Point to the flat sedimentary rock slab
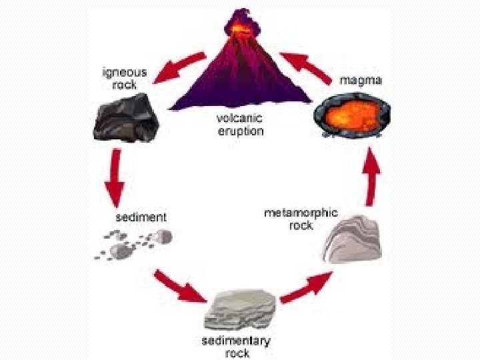[241, 309]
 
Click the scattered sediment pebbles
[133, 243]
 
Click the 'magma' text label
[361, 81]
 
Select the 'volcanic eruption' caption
[240, 125]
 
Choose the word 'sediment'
[141, 217]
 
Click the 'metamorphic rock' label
[301, 219]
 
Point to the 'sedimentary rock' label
[236, 347]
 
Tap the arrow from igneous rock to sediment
[115, 177]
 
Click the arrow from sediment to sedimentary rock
[179, 285]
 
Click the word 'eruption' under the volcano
[241, 131]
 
